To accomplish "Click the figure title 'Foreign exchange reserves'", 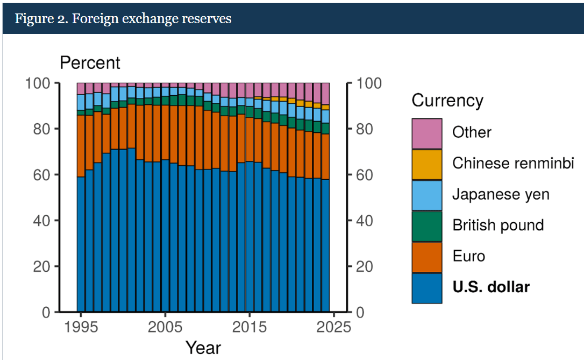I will (x=123, y=19).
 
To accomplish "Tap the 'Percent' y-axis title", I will (x=90, y=63).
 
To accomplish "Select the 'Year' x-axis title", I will (x=203, y=347).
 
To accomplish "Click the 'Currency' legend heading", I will (x=447, y=101).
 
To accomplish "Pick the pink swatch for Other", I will (x=427, y=133).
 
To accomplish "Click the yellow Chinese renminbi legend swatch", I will (x=427, y=164).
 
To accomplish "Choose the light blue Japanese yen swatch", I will (x=427, y=195).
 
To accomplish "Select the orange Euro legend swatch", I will (x=427, y=257).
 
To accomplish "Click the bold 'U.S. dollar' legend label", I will (x=490, y=287).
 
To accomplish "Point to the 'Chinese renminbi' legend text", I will (x=513, y=163).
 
